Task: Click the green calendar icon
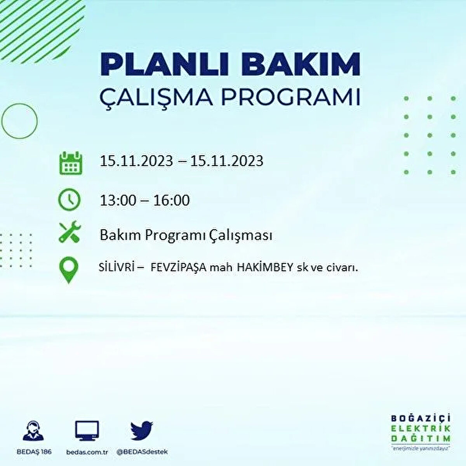click(70, 163)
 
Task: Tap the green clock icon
click(69, 200)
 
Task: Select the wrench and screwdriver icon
click(70, 232)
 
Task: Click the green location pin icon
click(68, 270)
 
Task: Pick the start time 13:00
click(118, 200)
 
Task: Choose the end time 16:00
click(171, 200)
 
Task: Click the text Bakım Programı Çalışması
click(186, 236)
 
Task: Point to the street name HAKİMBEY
click(268, 268)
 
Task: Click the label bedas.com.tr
click(87, 452)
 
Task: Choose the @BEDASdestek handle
click(142, 452)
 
